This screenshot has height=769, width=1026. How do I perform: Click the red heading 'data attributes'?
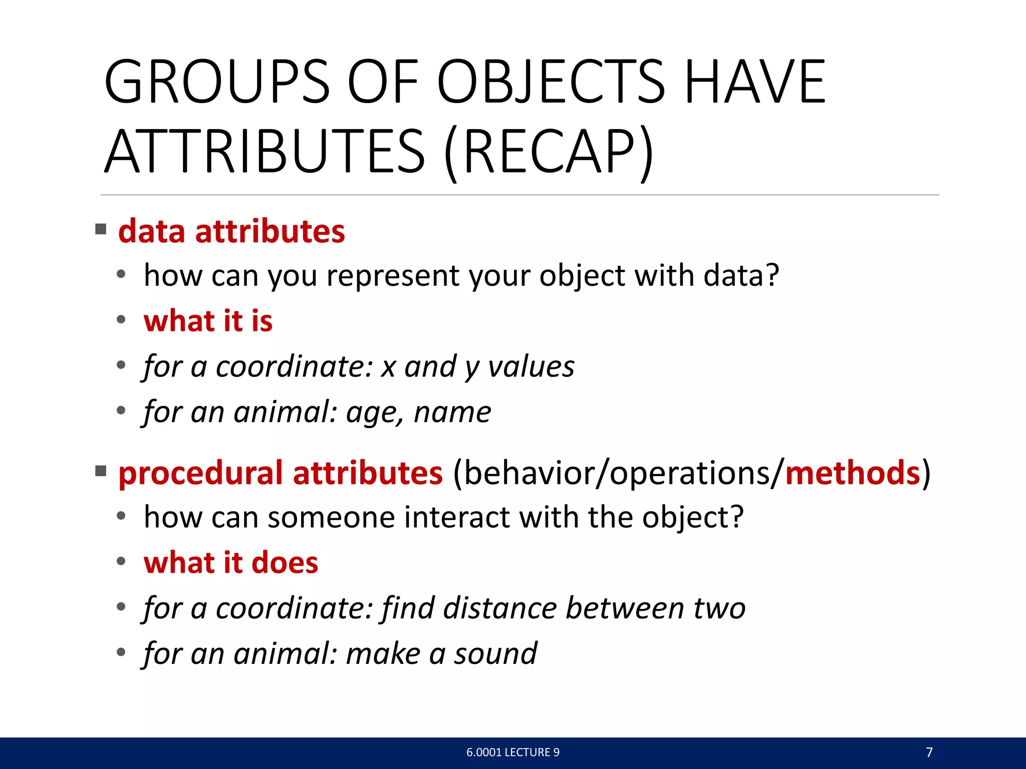pyautogui.click(x=231, y=231)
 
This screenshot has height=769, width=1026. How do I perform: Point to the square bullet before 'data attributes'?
pyautogui.click(x=101, y=230)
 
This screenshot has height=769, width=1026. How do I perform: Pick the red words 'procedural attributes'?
pyautogui.click(x=281, y=473)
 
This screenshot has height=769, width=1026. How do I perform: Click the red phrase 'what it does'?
pyautogui.click(x=230, y=563)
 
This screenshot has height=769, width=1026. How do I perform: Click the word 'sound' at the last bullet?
pyautogui.click(x=495, y=654)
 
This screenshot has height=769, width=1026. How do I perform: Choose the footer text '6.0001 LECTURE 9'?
pyautogui.click(x=512, y=752)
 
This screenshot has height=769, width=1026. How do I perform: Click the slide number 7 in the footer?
pyautogui.click(x=929, y=752)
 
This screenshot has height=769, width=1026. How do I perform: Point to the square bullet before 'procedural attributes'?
pyautogui.click(x=101, y=471)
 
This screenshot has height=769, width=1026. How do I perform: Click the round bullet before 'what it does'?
pyautogui.click(x=121, y=561)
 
